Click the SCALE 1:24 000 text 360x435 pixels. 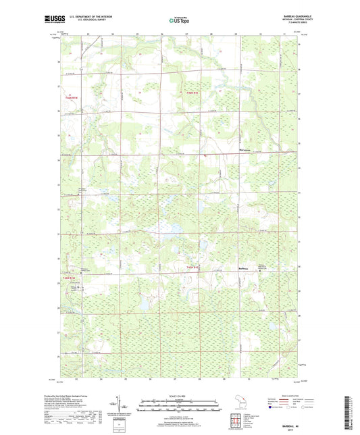coord(179,396)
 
